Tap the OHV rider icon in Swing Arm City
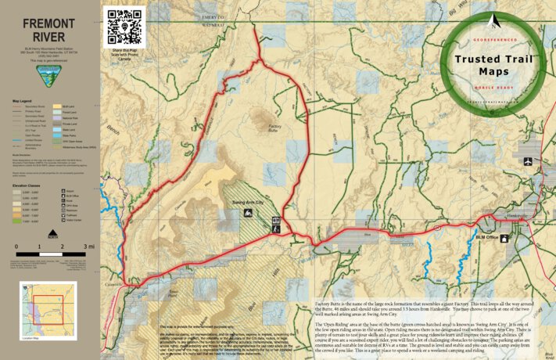(275, 220)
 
